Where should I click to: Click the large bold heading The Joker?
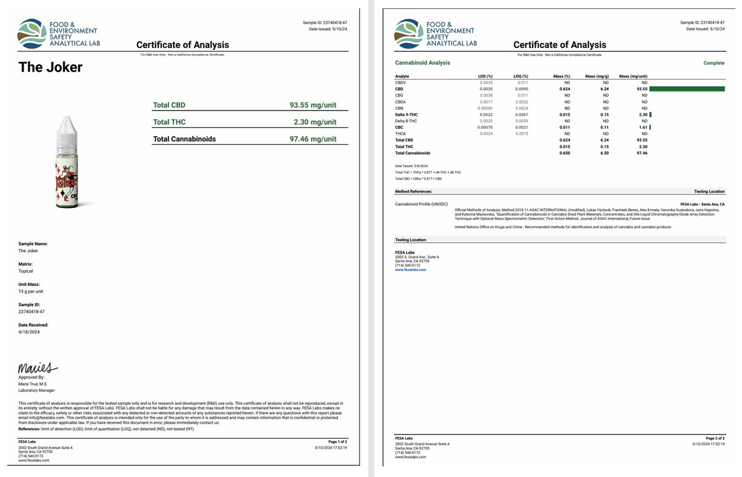[x=50, y=67]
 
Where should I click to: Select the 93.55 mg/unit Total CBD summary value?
[x=313, y=105]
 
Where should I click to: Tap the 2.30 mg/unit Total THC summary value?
[x=315, y=122]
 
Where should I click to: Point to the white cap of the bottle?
[x=66, y=124]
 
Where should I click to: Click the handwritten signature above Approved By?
[x=37, y=368]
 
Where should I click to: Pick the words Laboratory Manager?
[x=37, y=390]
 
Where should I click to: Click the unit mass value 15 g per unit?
[x=31, y=291]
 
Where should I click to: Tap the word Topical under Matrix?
[x=25, y=271]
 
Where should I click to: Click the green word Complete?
[x=714, y=63]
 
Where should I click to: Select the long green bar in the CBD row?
[x=687, y=89]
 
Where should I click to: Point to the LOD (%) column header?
[x=485, y=76]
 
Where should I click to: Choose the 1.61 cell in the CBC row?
[x=642, y=128]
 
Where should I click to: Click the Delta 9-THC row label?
[x=406, y=115]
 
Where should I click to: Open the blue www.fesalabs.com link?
[x=410, y=270]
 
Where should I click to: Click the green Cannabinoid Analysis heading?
[x=422, y=63]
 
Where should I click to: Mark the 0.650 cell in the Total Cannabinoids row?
[x=565, y=153]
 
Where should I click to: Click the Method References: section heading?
[x=413, y=192]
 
